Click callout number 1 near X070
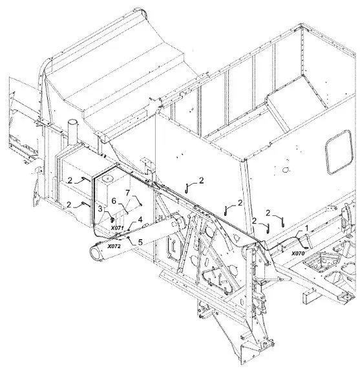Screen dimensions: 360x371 306,228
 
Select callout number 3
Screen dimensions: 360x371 100,209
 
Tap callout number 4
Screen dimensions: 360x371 140,220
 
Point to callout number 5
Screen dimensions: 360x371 140,242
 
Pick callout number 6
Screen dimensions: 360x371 114,201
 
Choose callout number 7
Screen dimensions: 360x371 128,193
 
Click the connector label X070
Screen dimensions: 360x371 298,253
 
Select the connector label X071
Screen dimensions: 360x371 118,228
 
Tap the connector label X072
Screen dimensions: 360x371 114,246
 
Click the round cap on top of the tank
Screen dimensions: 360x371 108,178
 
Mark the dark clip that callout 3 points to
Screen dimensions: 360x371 112,220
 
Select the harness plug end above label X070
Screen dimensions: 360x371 306,248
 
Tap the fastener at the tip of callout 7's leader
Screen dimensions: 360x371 141,205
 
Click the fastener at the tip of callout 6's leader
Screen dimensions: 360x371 128,213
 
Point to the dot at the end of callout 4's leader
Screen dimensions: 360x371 129,229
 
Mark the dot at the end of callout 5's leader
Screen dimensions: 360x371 128,237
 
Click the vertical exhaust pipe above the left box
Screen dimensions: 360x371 72,132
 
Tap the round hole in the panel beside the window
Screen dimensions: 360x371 286,169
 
